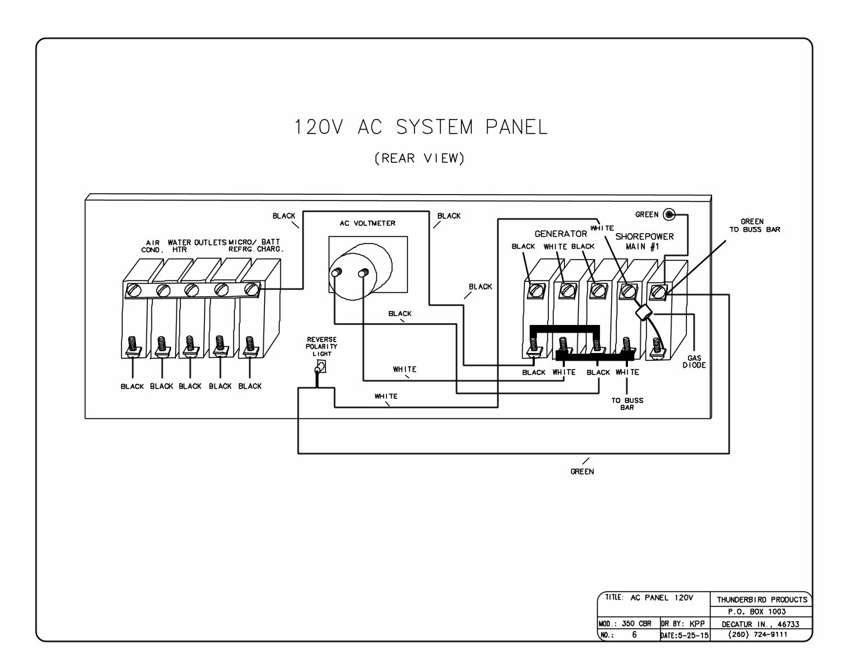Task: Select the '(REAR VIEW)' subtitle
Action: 420,158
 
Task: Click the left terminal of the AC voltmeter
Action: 336,273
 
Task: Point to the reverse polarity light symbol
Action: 320,368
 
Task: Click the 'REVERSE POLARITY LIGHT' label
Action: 322,347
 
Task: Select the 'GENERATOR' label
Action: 561,233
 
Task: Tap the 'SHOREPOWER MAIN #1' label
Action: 644,242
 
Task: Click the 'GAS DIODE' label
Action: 695,361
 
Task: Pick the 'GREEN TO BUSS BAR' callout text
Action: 751,226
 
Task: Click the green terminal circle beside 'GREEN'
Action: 670,214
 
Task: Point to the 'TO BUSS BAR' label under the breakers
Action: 627,404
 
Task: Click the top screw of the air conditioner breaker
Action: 134,289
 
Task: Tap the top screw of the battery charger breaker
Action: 252,289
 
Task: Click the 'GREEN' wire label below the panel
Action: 582,471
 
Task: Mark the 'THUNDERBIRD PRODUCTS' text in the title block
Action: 761,600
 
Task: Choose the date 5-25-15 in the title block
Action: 684,635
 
